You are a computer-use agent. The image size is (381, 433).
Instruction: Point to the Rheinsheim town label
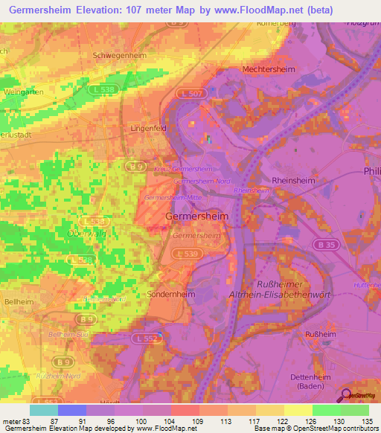pyautogui.click(x=294, y=180)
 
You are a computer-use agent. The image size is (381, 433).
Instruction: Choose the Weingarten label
pyautogui.click(x=22, y=92)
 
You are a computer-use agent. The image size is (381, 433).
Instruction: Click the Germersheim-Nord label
pyautogui.click(x=202, y=181)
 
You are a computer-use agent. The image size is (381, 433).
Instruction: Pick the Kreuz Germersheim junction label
pyautogui.click(x=179, y=169)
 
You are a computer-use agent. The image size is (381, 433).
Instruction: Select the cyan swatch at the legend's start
pyautogui.click(x=44, y=410)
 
